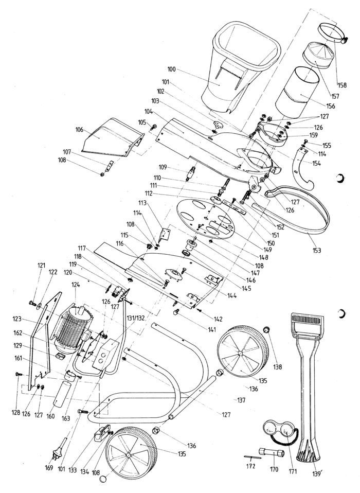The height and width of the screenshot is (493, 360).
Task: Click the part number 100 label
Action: (172, 69)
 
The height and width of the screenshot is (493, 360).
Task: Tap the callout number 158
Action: (342, 85)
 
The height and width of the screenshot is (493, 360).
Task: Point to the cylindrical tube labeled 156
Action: (297, 92)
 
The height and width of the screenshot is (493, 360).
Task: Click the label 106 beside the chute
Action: (79, 130)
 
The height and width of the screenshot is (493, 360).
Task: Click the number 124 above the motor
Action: (76, 285)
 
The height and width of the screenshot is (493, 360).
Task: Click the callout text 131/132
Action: (135, 318)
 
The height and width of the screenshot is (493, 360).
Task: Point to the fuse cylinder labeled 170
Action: (272, 453)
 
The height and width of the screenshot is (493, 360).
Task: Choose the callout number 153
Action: (317, 250)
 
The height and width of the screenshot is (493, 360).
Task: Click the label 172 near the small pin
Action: (250, 466)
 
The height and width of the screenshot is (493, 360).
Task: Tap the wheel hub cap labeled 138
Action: (267, 330)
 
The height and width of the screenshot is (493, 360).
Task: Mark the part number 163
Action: (66, 418)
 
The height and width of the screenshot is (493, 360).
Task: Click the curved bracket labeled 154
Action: (302, 170)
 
